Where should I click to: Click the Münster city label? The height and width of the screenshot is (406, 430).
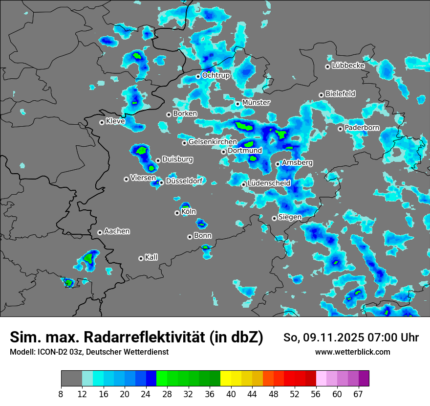[256, 103]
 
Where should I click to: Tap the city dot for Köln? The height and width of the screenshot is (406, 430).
[177, 213]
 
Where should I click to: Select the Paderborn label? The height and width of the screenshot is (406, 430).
[362, 128]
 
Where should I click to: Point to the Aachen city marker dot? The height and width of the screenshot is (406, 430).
[100, 232]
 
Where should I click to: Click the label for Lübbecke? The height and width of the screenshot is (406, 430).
[348, 66]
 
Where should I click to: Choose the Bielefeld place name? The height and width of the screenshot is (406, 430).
[340, 94]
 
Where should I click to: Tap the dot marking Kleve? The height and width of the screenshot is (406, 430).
[102, 122]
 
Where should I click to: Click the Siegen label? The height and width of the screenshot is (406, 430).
[290, 217]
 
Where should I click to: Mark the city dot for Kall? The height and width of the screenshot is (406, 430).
[141, 258]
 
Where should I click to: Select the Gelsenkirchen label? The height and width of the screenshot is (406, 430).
[213, 142]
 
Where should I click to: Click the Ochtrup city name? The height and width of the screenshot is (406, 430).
[216, 75]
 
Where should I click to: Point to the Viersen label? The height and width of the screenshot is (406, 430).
[143, 178]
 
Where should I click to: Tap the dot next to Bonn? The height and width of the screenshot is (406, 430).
[190, 237]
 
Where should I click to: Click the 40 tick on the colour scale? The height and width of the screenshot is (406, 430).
[231, 394]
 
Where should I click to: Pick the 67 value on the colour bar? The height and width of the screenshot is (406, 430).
[358, 394]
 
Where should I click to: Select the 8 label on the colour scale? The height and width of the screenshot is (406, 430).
[61, 394]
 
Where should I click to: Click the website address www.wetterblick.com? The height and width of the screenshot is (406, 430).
[352, 352]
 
